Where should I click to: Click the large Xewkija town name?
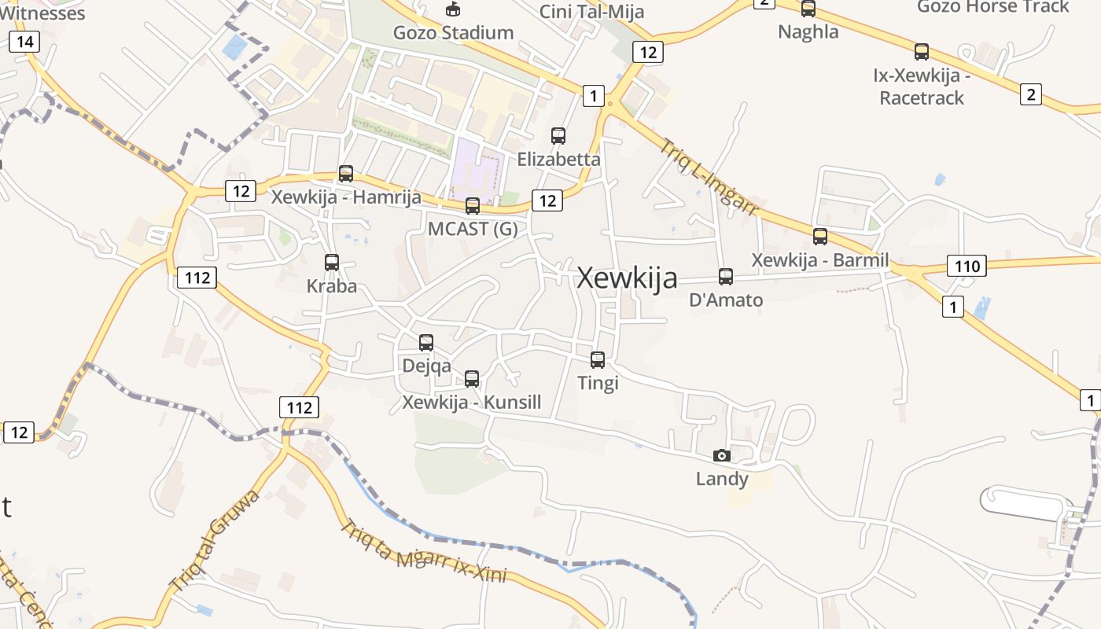click(627, 278)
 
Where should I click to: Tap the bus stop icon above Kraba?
click(332, 263)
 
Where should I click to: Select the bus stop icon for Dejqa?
click(426, 343)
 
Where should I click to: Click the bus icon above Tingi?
click(598, 360)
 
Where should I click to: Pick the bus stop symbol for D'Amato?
click(726, 277)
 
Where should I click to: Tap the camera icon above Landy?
click(721, 455)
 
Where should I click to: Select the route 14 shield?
click(24, 42)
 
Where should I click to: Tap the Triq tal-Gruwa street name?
click(214, 540)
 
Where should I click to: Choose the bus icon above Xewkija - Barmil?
click(820, 237)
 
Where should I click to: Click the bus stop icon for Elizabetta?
click(558, 136)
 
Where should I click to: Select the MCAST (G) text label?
click(473, 229)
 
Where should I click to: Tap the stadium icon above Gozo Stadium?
click(453, 9)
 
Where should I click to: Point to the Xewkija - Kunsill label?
click(472, 403)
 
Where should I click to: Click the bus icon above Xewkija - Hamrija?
click(346, 174)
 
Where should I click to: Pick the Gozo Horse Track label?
click(993, 6)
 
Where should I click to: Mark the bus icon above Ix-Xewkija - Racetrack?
click(922, 53)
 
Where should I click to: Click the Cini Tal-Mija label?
click(591, 11)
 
